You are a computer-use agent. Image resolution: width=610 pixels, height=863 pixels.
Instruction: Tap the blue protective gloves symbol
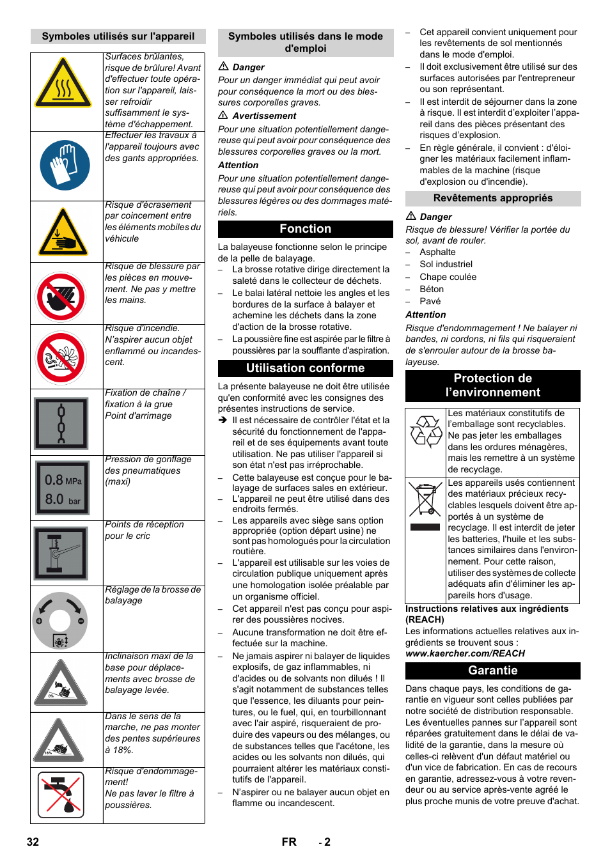pos(65,165)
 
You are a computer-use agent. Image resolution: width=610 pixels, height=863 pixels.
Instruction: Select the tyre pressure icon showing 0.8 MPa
pos(63,488)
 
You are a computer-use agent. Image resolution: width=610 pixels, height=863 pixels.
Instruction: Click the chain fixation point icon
pos(62,423)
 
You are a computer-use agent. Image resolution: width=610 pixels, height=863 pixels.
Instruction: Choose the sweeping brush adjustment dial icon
pos(60,620)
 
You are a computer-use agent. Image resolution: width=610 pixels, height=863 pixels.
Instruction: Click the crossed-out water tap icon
pos(61,795)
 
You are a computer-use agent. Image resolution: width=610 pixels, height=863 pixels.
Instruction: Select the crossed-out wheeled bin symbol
pos(425,499)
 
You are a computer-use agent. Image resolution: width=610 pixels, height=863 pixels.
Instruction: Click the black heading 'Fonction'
pos(306,229)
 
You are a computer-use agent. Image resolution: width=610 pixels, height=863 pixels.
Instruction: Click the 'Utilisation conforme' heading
pos(306,368)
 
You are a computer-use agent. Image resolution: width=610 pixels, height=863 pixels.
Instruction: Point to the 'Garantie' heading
pos(492,671)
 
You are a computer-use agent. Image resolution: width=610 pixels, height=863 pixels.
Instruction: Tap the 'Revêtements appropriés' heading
pos(492,198)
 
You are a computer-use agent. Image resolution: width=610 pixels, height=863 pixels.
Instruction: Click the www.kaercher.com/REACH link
pos(465,653)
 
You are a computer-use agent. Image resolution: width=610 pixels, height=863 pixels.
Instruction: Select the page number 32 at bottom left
pos(33,842)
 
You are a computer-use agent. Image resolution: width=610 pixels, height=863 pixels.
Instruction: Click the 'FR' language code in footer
pos(289,842)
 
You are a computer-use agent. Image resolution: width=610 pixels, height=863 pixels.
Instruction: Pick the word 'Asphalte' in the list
pos(437,252)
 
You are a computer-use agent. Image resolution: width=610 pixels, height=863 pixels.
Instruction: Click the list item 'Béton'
pos(432,289)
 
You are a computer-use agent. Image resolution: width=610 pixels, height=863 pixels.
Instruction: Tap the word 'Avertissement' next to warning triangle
pos(264,116)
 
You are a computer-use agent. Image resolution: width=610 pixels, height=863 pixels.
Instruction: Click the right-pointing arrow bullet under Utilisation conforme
pos(223,420)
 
